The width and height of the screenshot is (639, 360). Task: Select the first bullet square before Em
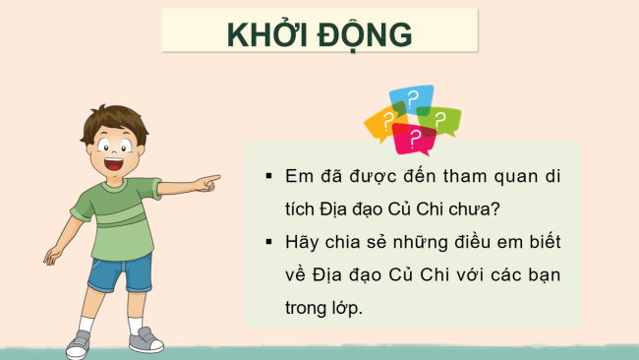267,177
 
